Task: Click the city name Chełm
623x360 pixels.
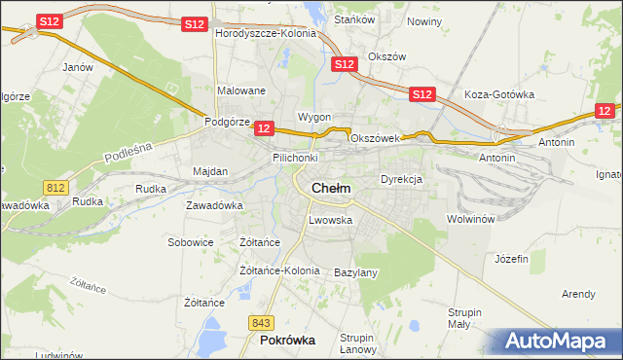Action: [331, 188]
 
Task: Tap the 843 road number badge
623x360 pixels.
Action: [260, 323]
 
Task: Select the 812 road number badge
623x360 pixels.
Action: [55, 186]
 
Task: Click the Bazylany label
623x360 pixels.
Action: [355, 272]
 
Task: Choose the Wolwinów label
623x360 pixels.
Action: [471, 219]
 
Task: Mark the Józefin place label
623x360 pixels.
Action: [511, 259]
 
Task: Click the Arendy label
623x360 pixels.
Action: [578, 294]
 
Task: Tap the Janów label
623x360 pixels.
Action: [77, 67]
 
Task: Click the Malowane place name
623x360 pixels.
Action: [241, 90]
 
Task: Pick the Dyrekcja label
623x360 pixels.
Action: [400, 180]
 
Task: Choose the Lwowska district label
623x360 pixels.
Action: [330, 220]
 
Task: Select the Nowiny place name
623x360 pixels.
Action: [424, 21]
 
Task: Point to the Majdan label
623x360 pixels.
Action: [210, 171]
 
